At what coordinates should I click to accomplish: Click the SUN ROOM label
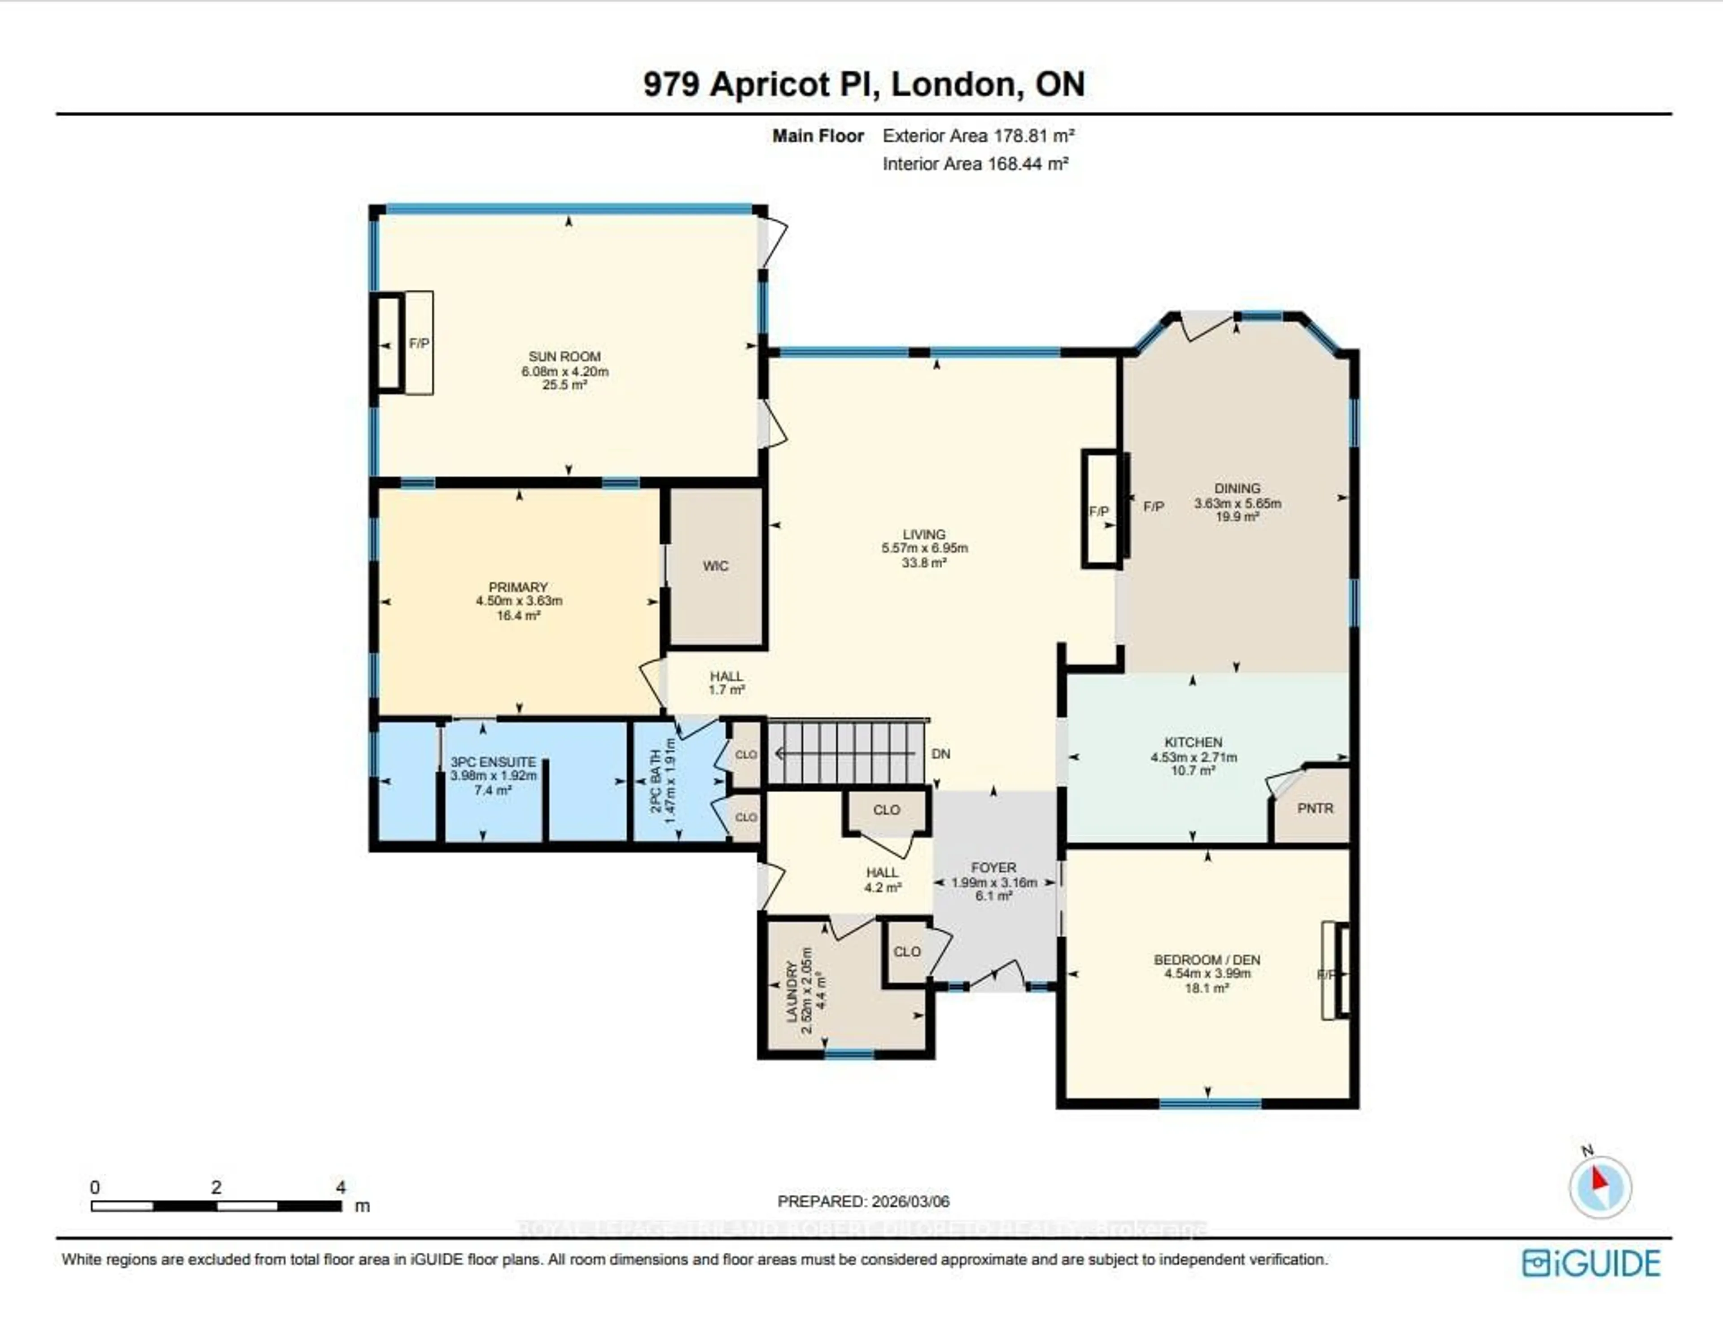coord(564,356)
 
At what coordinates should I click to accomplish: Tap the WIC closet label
coord(716,566)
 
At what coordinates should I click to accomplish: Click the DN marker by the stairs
coord(940,754)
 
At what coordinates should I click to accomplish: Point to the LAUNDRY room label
coord(792,992)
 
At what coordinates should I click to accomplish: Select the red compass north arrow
coord(1599,1180)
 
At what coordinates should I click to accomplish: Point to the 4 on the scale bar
coord(341,1187)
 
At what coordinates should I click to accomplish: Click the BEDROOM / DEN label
coord(1207,960)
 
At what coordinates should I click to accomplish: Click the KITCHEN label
coord(1194,743)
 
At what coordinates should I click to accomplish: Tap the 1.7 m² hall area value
coord(726,690)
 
